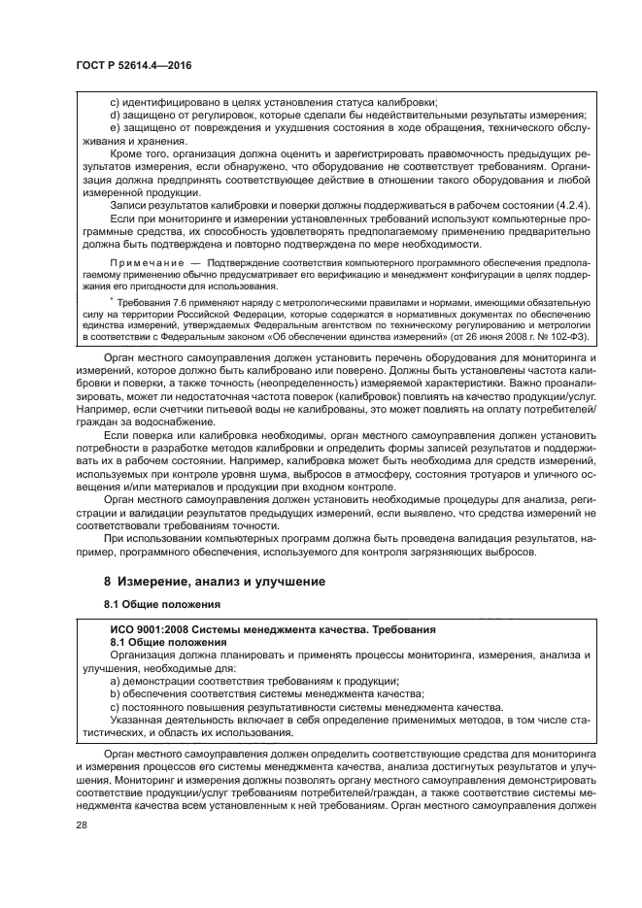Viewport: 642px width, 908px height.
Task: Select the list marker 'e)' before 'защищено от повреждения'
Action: [x=116, y=128]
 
